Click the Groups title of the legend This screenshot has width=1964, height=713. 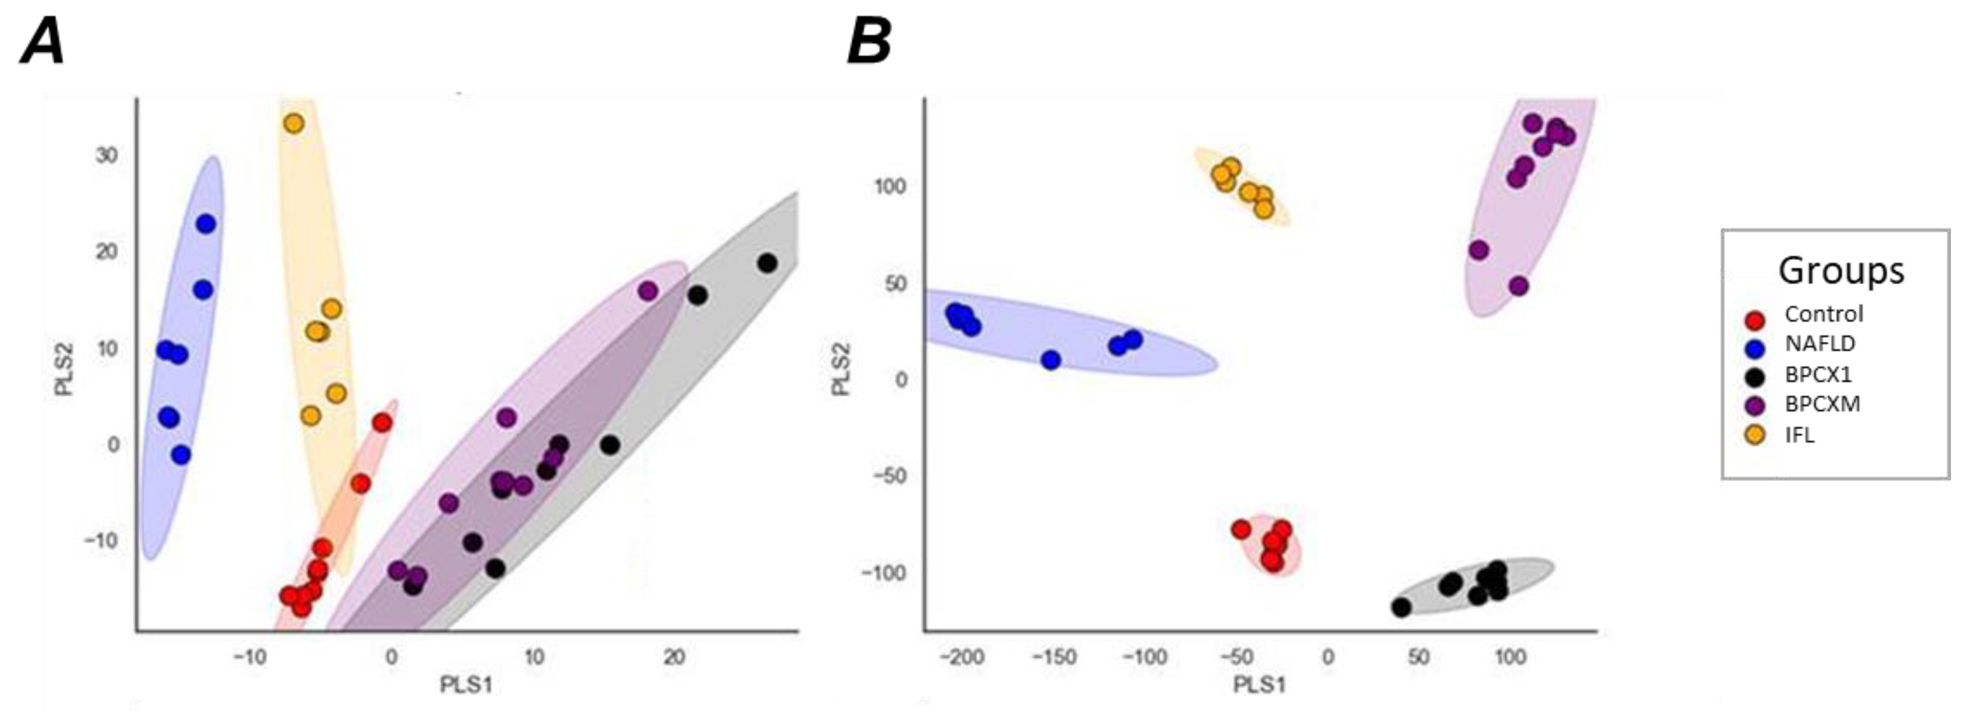[1840, 270]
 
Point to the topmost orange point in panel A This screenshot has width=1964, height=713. [294, 123]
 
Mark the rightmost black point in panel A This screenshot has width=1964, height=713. [767, 263]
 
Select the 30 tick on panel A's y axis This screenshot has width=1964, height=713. [107, 154]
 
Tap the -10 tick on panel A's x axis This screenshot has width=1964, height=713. [250, 657]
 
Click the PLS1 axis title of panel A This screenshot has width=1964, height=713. [466, 685]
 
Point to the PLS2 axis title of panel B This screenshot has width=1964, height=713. [841, 369]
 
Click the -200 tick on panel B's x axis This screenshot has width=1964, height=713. [962, 657]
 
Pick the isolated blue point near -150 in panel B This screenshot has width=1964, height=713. [1051, 360]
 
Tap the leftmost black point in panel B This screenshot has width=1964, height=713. [1401, 607]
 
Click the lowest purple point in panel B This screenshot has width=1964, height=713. [1519, 286]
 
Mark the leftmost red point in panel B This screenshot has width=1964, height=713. [1241, 529]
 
